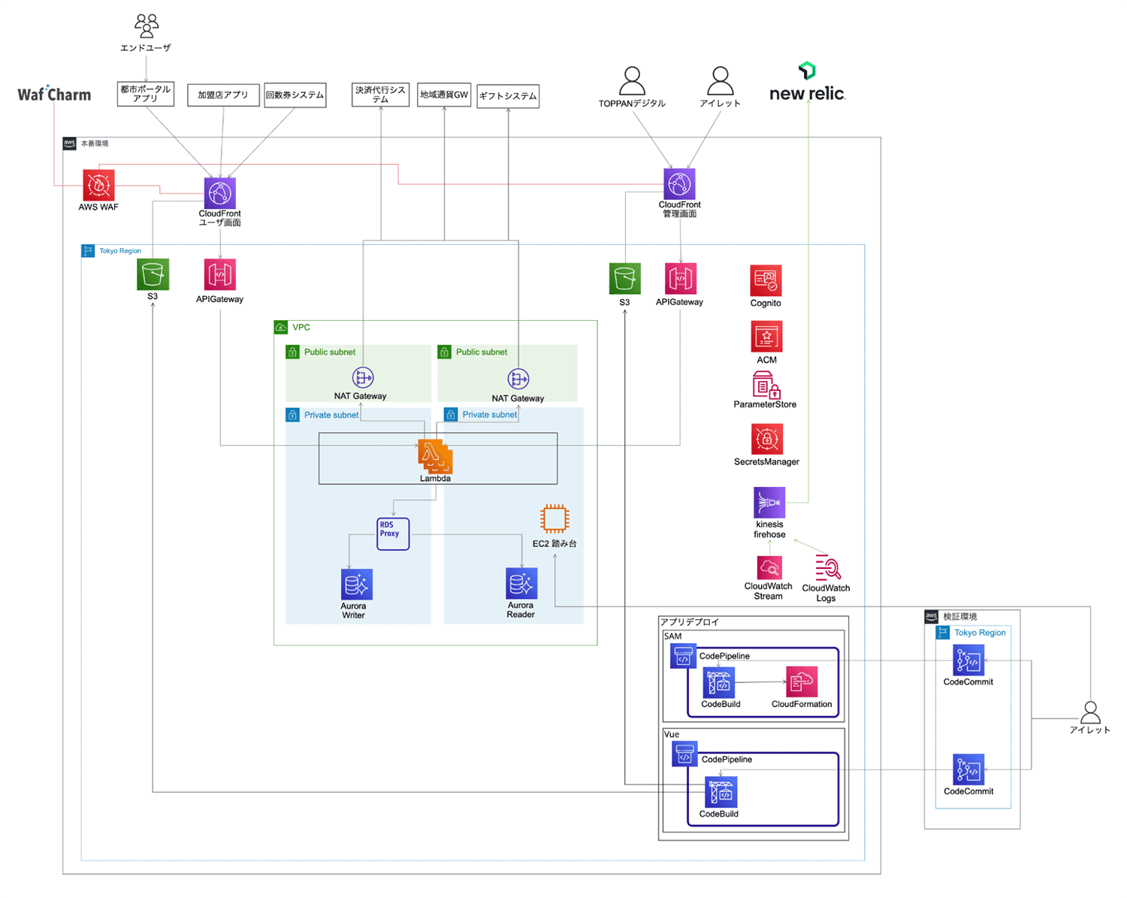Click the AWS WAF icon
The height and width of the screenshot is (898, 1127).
tap(98, 185)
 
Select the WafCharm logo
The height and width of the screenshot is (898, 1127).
tap(54, 95)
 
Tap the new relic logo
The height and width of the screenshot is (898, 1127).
tap(807, 84)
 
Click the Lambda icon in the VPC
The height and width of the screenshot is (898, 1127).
tap(435, 456)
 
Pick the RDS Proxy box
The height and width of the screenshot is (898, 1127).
tap(393, 534)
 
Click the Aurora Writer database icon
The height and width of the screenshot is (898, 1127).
tap(356, 584)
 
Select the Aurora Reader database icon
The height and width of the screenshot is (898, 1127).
tap(521, 583)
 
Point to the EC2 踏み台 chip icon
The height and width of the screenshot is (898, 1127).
tap(554, 519)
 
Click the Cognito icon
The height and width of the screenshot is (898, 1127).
tap(766, 280)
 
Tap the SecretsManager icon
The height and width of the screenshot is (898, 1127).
tap(766, 439)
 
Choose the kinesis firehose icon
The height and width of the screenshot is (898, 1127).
tap(769, 502)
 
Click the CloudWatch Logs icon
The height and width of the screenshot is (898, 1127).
tap(827, 567)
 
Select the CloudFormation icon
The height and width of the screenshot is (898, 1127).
tap(801, 682)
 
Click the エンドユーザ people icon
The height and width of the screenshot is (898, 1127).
tap(147, 26)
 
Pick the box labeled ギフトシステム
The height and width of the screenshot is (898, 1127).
tap(508, 96)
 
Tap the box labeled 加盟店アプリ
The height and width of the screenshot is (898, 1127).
tap(223, 95)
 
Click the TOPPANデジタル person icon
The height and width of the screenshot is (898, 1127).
tap(632, 81)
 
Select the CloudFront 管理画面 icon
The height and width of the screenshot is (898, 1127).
tap(679, 184)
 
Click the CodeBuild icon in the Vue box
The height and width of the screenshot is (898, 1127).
tap(721, 792)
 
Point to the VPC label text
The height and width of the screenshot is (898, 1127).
tap(301, 328)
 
